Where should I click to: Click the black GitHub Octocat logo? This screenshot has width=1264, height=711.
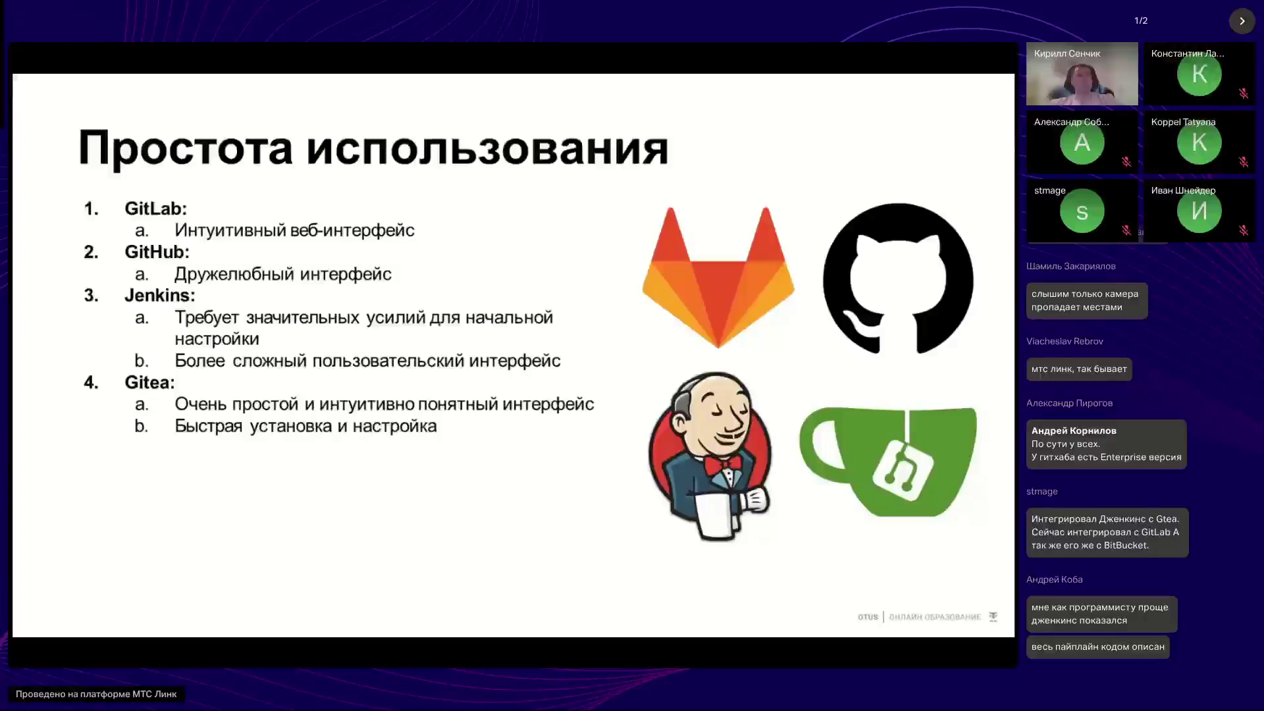point(898,278)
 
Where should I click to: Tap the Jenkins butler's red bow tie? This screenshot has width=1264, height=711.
point(723,465)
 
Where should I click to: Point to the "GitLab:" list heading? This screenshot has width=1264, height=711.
point(156,209)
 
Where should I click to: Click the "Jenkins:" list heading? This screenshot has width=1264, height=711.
point(160,296)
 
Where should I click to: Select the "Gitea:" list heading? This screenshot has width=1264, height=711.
point(150,382)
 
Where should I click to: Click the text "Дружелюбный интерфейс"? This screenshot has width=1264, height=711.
point(283,274)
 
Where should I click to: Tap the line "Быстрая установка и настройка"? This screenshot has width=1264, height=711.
point(305,426)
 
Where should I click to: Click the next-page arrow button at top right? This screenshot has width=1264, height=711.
point(1242,21)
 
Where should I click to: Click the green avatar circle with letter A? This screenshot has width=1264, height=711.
point(1082,143)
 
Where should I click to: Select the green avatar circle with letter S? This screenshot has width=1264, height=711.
point(1082,211)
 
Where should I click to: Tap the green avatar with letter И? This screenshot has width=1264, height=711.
point(1199,211)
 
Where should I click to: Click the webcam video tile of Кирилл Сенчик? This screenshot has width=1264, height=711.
point(1082,74)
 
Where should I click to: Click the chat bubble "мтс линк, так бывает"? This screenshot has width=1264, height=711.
point(1079,369)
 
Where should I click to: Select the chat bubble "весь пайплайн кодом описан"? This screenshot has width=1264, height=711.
point(1098,647)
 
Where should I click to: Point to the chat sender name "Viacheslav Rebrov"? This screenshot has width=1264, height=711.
point(1065,342)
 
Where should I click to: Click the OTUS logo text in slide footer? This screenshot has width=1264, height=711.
point(868,617)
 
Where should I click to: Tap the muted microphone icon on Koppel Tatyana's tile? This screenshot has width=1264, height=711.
point(1244,161)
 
